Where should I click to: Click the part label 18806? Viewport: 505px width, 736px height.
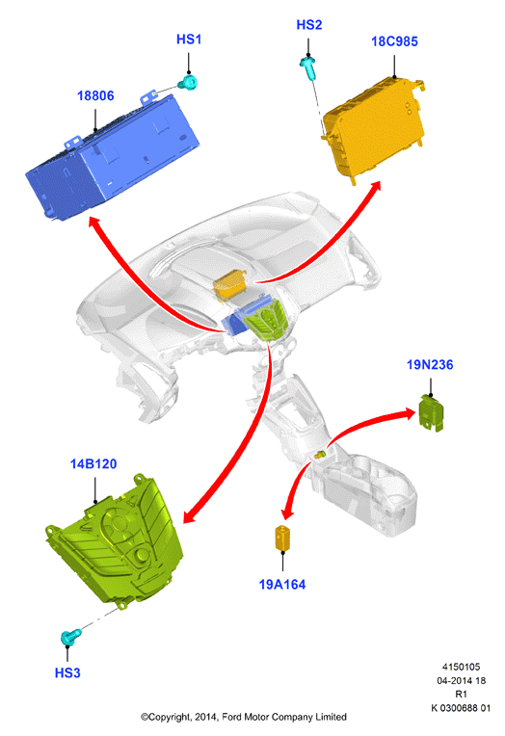(95, 95)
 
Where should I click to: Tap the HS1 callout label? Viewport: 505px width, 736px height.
(189, 39)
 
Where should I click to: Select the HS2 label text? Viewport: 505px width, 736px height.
(309, 25)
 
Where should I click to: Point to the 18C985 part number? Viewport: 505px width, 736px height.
(394, 41)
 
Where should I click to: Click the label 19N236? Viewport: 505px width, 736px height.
(430, 365)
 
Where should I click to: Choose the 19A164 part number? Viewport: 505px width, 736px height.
(282, 585)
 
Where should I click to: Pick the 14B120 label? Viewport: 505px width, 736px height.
(93, 463)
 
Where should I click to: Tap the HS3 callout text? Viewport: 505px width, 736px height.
(67, 672)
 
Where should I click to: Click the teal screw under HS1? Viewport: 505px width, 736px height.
(188, 83)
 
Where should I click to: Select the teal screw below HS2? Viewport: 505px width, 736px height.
(307, 67)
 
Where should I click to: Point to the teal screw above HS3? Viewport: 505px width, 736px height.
(71, 637)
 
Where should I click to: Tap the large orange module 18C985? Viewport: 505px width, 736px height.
(374, 129)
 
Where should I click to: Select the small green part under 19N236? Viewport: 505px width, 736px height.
(431, 413)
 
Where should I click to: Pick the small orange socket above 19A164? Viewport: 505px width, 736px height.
(282, 539)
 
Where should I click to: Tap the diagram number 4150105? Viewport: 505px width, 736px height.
(462, 667)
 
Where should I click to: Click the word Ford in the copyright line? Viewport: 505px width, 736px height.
(232, 717)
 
